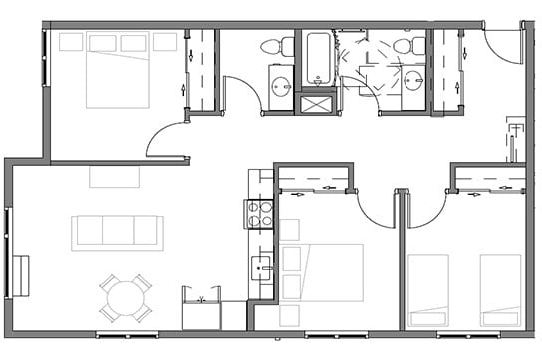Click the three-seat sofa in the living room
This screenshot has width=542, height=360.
tap(117, 232)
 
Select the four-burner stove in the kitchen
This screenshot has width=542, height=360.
tap(260, 213)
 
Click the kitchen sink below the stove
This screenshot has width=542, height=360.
tap(262, 268)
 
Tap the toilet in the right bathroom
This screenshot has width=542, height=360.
tap(406, 46)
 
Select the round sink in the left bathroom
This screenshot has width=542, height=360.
tap(282, 85)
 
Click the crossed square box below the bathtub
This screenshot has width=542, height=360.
tap(319, 103)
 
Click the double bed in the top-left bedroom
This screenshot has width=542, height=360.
tap(118, 70)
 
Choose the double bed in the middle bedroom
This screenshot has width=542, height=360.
tap(322, 272)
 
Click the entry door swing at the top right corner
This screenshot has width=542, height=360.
tap(506, 46)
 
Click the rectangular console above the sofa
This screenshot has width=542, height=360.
tap(115, 177)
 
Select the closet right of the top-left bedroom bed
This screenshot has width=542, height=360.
tap(201, 70)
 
